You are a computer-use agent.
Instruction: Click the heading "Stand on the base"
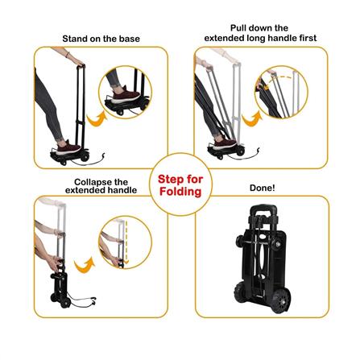(101, 39)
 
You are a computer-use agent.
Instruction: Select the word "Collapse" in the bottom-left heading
(90, 182)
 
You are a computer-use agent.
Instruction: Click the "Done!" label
(263, 188)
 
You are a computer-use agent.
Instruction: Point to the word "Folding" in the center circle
(180, 192)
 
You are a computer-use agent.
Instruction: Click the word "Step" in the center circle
(169, 180)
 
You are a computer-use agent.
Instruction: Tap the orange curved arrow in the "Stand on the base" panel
(96, 119)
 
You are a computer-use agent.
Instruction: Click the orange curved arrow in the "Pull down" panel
(250, 119)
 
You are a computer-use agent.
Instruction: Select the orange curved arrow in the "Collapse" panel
(85, 265)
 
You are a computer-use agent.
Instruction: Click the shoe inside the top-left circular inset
(126, 94)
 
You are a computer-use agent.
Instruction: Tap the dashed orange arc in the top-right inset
(276, 81)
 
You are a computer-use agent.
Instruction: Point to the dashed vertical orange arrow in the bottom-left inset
(126, 242)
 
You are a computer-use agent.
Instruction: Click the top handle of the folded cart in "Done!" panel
(263, 209)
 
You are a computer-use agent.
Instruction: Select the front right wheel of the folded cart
(281, 300)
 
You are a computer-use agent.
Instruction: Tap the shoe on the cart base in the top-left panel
(68, 147)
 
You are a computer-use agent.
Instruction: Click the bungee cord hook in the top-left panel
(103, 155)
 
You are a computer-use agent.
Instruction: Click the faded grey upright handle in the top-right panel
(236, 102)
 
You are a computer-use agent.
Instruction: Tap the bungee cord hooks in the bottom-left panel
(93, 300)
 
